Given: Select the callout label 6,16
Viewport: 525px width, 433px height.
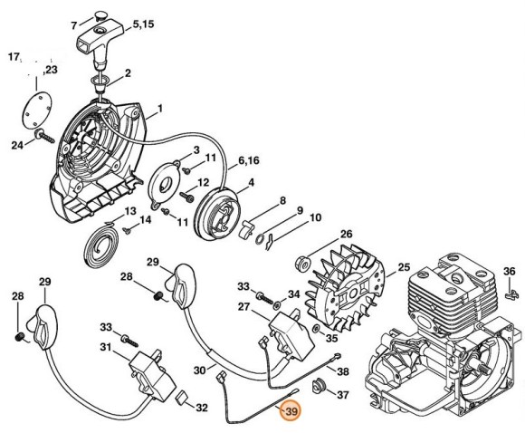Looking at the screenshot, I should point(250,161).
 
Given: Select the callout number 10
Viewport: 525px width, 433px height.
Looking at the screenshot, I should point(315,217).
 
